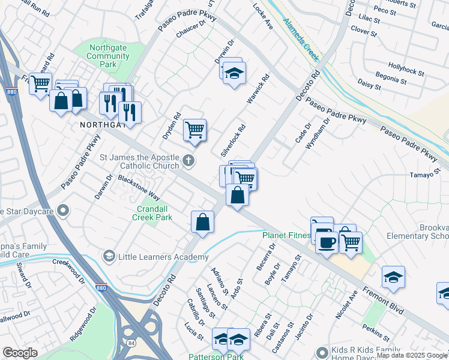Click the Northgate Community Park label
(108, 56)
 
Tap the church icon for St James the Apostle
(188, 160)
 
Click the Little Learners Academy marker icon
(109, 256)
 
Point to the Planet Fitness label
(286, 235)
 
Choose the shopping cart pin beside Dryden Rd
(194, 129)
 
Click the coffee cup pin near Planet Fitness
(326, 242)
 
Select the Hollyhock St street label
(406, 68)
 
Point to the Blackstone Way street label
(139, 187)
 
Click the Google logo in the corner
(20, 353)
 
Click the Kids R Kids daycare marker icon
(323, 352)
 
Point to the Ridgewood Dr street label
(83, 325)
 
